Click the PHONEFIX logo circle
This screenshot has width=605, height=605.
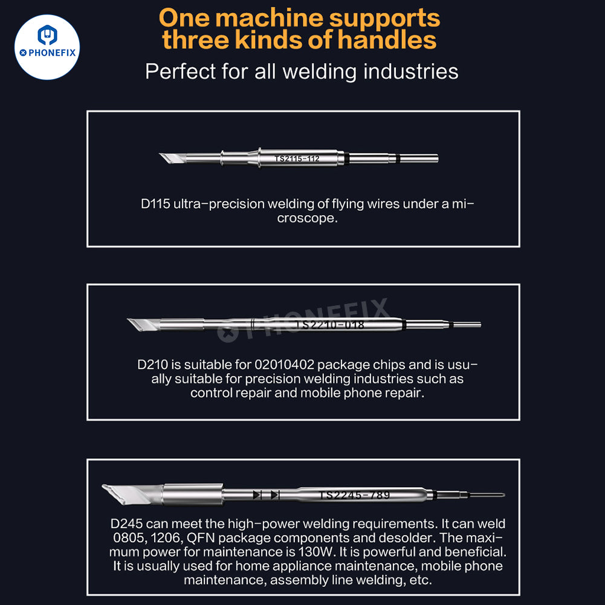coord(47,47)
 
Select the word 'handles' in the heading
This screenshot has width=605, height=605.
coord(387,40)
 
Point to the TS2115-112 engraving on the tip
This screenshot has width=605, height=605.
coord(297,158)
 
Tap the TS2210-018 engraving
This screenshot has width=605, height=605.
coord(330,325)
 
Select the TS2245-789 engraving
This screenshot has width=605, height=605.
coord(355,495)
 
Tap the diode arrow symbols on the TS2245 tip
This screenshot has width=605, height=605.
coord(266,494)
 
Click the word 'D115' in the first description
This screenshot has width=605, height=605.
coord(155,204)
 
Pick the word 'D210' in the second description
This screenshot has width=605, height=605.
coord(153,364)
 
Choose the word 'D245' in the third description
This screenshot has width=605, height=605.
coord(126,523)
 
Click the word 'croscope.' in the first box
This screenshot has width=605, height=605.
coord(307,218)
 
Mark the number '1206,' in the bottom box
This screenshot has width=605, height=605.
coord(167,538)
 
